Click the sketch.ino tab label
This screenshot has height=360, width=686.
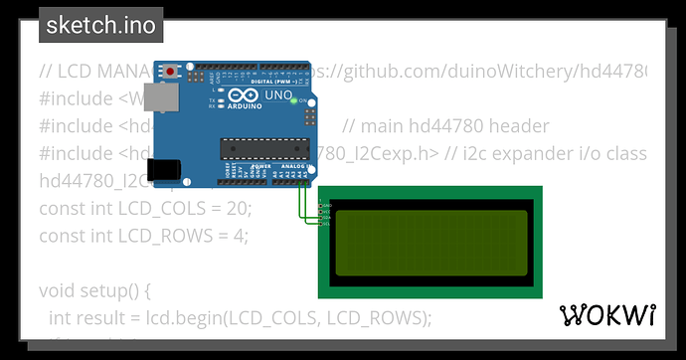coord(100,25)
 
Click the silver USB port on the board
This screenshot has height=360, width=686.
coord(155,97)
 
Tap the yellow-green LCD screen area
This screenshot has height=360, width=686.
coord(429,243)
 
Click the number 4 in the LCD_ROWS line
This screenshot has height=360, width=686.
coord(239,236)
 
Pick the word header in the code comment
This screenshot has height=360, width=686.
coord(516,126)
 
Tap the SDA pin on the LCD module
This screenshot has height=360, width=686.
coord(324,217)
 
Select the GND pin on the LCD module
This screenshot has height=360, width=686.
coord(324,205)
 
